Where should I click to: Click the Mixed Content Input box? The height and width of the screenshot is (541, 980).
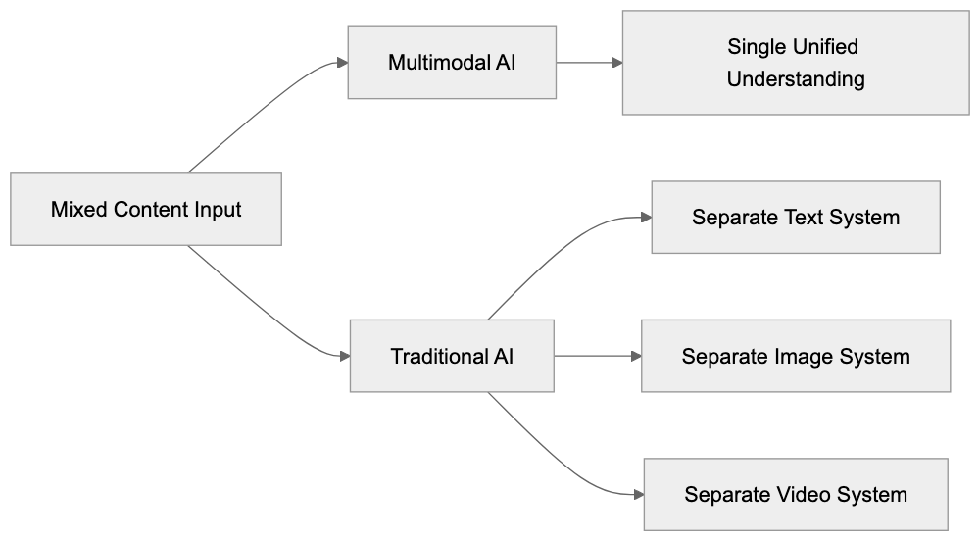tap(146, 209)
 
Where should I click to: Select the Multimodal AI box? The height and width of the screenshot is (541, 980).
tap(452, 63)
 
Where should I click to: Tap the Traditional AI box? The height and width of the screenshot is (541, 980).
tap(452, 356)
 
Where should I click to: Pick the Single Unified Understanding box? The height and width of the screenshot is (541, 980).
tap(795, 63)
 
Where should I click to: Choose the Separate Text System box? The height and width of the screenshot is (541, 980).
tap(795, 217)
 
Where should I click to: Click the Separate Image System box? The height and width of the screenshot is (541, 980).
tap(795, 356)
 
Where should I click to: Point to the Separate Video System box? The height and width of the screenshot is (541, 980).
tap(795, 494)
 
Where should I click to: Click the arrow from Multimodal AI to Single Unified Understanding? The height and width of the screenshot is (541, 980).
tap(588, 63)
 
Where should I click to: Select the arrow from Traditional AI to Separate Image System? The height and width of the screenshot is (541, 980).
tap(596, 356)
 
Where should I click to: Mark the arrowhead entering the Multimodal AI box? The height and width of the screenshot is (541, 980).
tap(341, 63)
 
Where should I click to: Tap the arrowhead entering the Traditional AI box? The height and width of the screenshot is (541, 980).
tap(342, 356)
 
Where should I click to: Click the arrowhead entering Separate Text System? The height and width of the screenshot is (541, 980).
tap(645, 217)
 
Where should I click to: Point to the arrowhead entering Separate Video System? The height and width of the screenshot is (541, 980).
tap(637, 494)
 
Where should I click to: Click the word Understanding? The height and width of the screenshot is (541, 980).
tap(795, 79)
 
